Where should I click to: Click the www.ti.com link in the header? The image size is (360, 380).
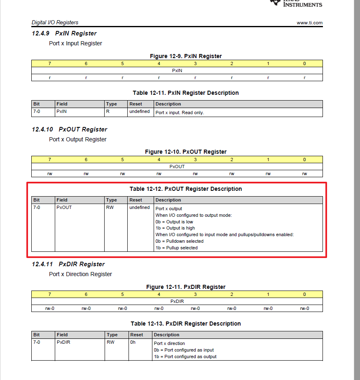point(309,23)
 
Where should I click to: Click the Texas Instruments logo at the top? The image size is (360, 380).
point(297,3)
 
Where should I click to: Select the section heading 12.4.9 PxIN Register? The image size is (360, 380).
point(64,33)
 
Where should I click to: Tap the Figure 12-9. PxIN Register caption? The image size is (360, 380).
point(186,56)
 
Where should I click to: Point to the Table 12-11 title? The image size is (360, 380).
point(185,93)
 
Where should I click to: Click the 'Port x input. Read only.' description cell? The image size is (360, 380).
point(179,113)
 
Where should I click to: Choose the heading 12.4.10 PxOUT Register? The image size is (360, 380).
point(69,129)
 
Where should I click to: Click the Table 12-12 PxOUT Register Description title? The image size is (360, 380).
point(185,189)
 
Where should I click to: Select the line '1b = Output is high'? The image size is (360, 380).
point(175,228)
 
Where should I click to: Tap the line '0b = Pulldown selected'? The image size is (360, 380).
point(179,241)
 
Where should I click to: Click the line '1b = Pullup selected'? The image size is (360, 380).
point(176,248)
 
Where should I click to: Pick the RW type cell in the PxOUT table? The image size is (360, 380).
point(110,207)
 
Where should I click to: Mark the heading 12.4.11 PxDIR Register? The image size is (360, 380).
point(68,264)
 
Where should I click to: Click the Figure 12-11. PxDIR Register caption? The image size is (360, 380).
point(186,287)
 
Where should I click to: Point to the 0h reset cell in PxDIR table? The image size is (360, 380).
point(133,342)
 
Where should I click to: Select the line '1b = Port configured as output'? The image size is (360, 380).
point(185,357)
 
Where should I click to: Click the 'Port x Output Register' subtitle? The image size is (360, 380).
point(77,139)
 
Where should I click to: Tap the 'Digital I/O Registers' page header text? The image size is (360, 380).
point(55,22)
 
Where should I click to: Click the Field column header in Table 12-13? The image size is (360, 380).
point(62,335)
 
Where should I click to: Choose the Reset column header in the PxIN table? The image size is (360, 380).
point(136,104)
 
